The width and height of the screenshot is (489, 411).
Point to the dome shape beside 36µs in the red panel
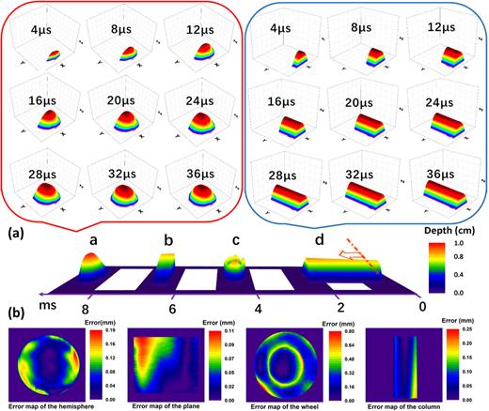click(197, 192)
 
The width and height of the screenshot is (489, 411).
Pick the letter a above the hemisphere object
click(93, 242)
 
